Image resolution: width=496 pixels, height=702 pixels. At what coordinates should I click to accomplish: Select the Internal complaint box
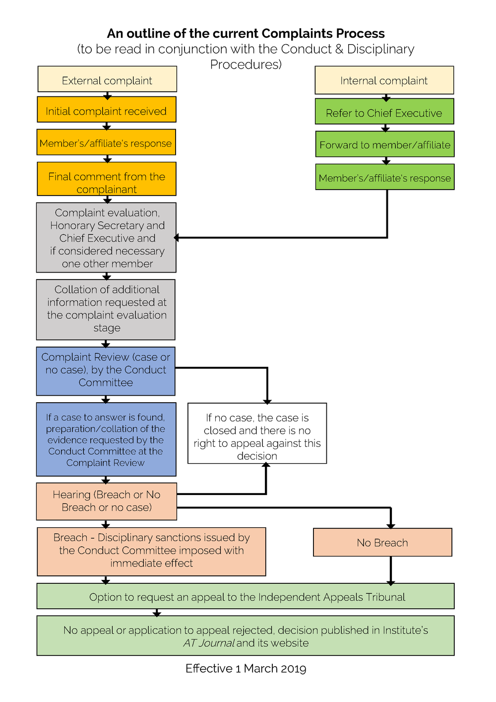point(384,80)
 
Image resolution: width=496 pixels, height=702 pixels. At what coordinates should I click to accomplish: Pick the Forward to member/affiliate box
point(385,144)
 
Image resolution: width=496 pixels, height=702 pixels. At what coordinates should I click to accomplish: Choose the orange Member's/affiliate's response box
point(106,143)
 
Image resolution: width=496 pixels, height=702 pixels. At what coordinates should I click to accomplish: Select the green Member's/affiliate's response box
point(385,177)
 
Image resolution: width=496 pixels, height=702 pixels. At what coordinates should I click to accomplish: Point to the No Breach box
point(382,542)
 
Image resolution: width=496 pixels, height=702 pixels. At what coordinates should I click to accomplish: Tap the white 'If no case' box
point(257,434)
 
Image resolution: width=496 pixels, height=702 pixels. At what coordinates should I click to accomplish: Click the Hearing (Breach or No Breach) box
point(106,501)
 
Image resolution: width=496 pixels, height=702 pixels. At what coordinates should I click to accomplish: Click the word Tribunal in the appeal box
point(385,597)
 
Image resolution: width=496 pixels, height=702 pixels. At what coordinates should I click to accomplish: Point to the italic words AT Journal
point(209,643)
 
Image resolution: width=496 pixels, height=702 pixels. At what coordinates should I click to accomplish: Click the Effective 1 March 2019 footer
point(246,669)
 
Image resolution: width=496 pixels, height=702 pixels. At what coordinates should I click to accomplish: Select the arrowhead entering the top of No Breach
point(391,525)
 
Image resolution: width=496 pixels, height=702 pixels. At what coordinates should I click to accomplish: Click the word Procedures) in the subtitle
point(246,65)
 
